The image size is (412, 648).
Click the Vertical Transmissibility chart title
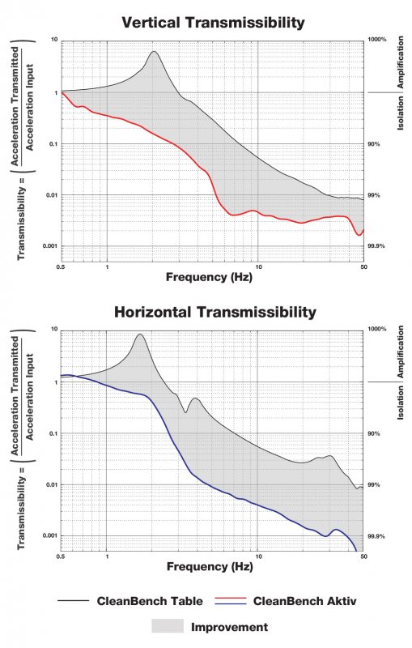tap(213, 22)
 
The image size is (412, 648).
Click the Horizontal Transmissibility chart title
tap(215, 312)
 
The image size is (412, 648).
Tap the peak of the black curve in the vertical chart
tap(154, 52)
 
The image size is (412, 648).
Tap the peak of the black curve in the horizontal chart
tap(140, 335)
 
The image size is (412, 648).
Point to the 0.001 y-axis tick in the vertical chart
tap(51, 246)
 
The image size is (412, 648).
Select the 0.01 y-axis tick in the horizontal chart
tap(52, 484)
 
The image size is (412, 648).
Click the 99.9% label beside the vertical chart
tap(376, 246)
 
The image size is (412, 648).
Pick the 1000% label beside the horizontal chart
tap(377, 329)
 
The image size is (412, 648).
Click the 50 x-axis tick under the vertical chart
tap(363, 267)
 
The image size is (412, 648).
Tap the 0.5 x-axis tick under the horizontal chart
tap(61, 556)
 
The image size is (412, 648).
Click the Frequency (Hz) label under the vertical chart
tap(209, 277)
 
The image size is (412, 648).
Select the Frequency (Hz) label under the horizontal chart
tap(210, 566)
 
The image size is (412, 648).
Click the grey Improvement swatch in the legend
tap(168, 626)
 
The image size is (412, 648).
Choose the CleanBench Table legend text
tap(150, 601)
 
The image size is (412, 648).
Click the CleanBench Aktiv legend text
tap(304, 601)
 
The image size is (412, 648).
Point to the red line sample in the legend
tap(231, 598)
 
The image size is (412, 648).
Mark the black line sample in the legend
tap(74, 600)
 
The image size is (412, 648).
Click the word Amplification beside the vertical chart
tap(401, 62)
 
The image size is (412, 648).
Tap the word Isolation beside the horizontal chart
tap(401, 403)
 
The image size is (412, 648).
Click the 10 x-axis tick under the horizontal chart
tap(258, 556)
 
